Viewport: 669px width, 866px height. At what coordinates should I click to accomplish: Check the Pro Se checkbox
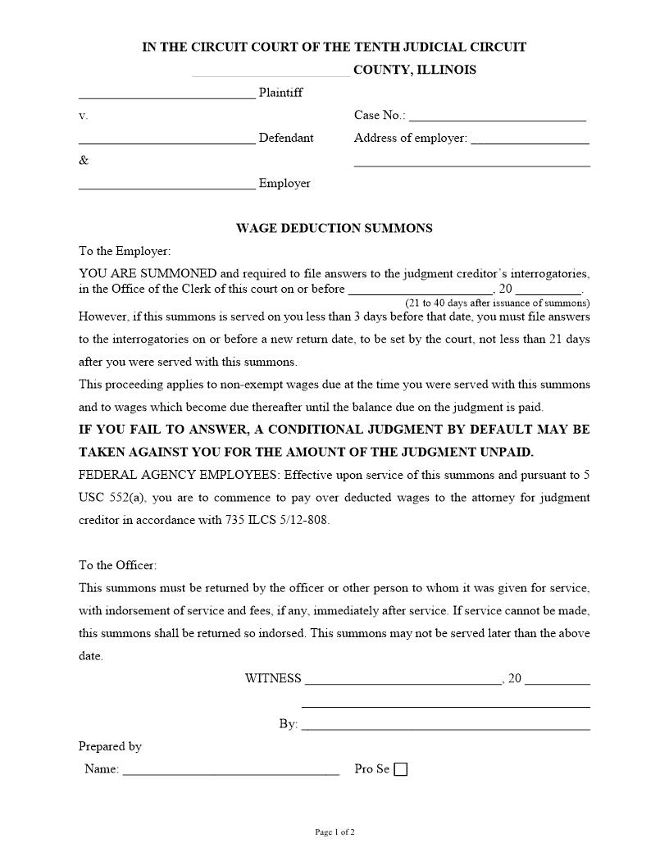(400, 769)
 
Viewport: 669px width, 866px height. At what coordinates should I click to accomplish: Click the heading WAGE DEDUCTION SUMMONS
(334, 228)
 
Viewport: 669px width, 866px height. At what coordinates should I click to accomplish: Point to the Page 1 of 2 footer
(334, 832)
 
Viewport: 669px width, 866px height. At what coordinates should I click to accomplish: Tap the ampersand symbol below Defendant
(84, 160)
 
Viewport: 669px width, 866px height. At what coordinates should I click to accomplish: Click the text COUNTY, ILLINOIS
(414, 70)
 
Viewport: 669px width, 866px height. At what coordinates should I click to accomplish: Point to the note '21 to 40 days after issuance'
(497, 303)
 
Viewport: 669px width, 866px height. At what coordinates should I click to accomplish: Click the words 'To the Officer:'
(117, 565)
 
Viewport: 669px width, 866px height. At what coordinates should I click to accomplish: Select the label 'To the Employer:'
(125, 251)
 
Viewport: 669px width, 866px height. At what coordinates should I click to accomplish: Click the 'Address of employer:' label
(410, 138)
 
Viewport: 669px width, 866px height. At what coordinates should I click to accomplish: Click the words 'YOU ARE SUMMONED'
(148, 274)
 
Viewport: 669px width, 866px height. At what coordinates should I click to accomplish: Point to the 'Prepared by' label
(110, 746)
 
